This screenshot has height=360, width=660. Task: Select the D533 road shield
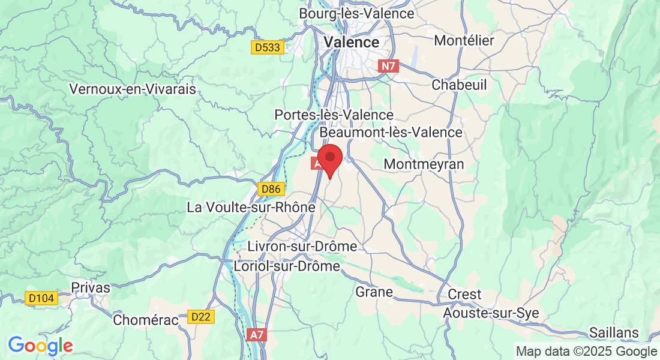(267, 47)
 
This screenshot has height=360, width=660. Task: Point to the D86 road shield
(271, 190)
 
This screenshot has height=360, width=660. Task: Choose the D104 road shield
(42, 298)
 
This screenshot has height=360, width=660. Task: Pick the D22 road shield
(201, 316)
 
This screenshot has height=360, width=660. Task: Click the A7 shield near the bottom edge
(256, 335)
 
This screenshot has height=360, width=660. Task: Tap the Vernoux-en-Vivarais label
(133, 89)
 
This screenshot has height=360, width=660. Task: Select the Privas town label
(91, 287)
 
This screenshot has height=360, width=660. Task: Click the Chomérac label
(146, 320)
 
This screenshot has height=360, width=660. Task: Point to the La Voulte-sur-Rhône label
(251, 208)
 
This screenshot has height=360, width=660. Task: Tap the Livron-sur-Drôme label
(303, 247)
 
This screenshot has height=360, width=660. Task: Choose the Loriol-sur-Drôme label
(287, 266)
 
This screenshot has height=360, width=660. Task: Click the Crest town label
(464, 294)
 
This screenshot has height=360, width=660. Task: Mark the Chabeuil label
(459, 85)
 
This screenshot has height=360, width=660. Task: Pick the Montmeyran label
(424, 164)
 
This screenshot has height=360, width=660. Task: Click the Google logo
(40, 346)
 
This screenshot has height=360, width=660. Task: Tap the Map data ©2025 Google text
(586, 351)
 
